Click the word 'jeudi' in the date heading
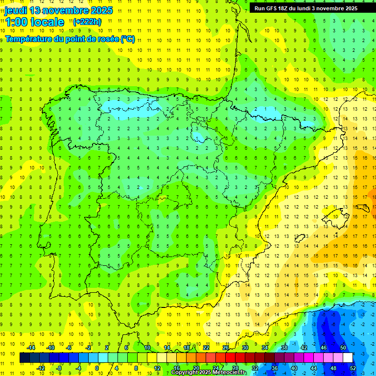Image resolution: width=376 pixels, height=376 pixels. coord(16,10)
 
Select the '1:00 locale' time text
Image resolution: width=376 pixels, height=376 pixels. coord(35,22)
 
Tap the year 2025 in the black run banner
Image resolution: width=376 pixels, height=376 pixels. coord(349,8)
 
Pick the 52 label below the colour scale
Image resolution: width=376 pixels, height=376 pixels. coord(353,368)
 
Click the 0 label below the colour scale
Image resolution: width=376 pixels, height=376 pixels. coord(97,368)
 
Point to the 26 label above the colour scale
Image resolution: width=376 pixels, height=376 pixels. coord(226,348)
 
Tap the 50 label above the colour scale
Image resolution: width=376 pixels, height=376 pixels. coord(343,348)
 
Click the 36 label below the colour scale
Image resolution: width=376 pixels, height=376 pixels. coord(274,368)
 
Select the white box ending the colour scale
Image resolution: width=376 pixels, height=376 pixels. coord(348,357)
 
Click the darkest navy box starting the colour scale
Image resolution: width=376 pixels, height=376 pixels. coord(24,357)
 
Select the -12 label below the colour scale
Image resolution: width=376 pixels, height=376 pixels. coord(41,368)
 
